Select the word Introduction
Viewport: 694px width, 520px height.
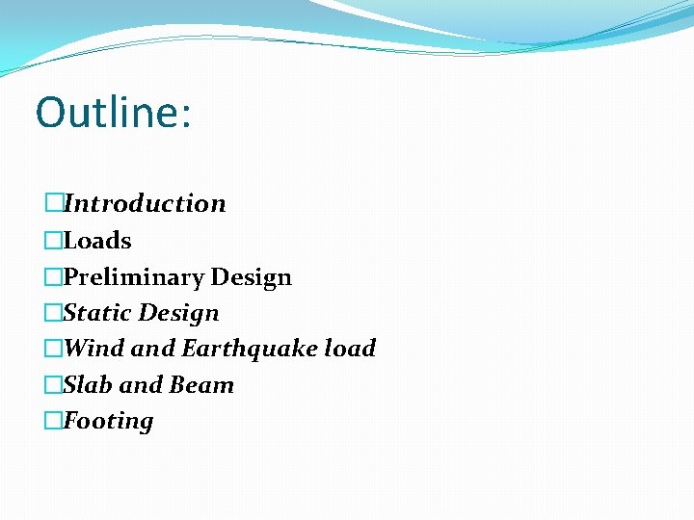coord(145,204)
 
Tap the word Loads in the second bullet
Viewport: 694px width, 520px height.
coord(97,241)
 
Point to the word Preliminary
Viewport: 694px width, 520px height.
coord(133,277)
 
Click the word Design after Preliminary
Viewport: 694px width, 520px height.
coord(251,277)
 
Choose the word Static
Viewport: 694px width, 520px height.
coord(97,313)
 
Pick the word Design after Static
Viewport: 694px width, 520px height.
coord(179,313)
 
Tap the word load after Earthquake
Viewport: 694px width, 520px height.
coord(350,349)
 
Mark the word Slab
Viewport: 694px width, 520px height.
coord(88,385)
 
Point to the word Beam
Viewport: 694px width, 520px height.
coord(201,385)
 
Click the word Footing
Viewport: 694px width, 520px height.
coord(108,422)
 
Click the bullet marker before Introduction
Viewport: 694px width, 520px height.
coord(54,204)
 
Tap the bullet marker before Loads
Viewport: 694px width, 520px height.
coord(54,241)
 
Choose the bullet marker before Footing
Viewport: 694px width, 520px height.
coord(54,422)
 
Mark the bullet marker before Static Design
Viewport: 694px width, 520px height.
coord(54,313)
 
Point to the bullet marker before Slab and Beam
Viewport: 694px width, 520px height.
coord(54,385)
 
